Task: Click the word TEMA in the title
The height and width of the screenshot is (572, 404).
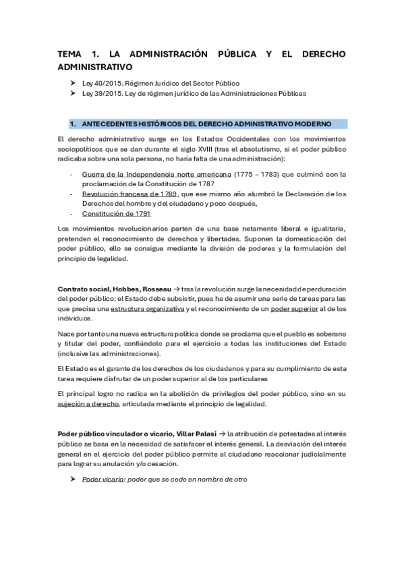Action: [x=69, y=55]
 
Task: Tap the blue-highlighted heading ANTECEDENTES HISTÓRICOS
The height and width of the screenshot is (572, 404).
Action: [x=206, y=124]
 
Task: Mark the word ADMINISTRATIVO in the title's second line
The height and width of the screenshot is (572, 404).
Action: [x=95, y=67]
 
